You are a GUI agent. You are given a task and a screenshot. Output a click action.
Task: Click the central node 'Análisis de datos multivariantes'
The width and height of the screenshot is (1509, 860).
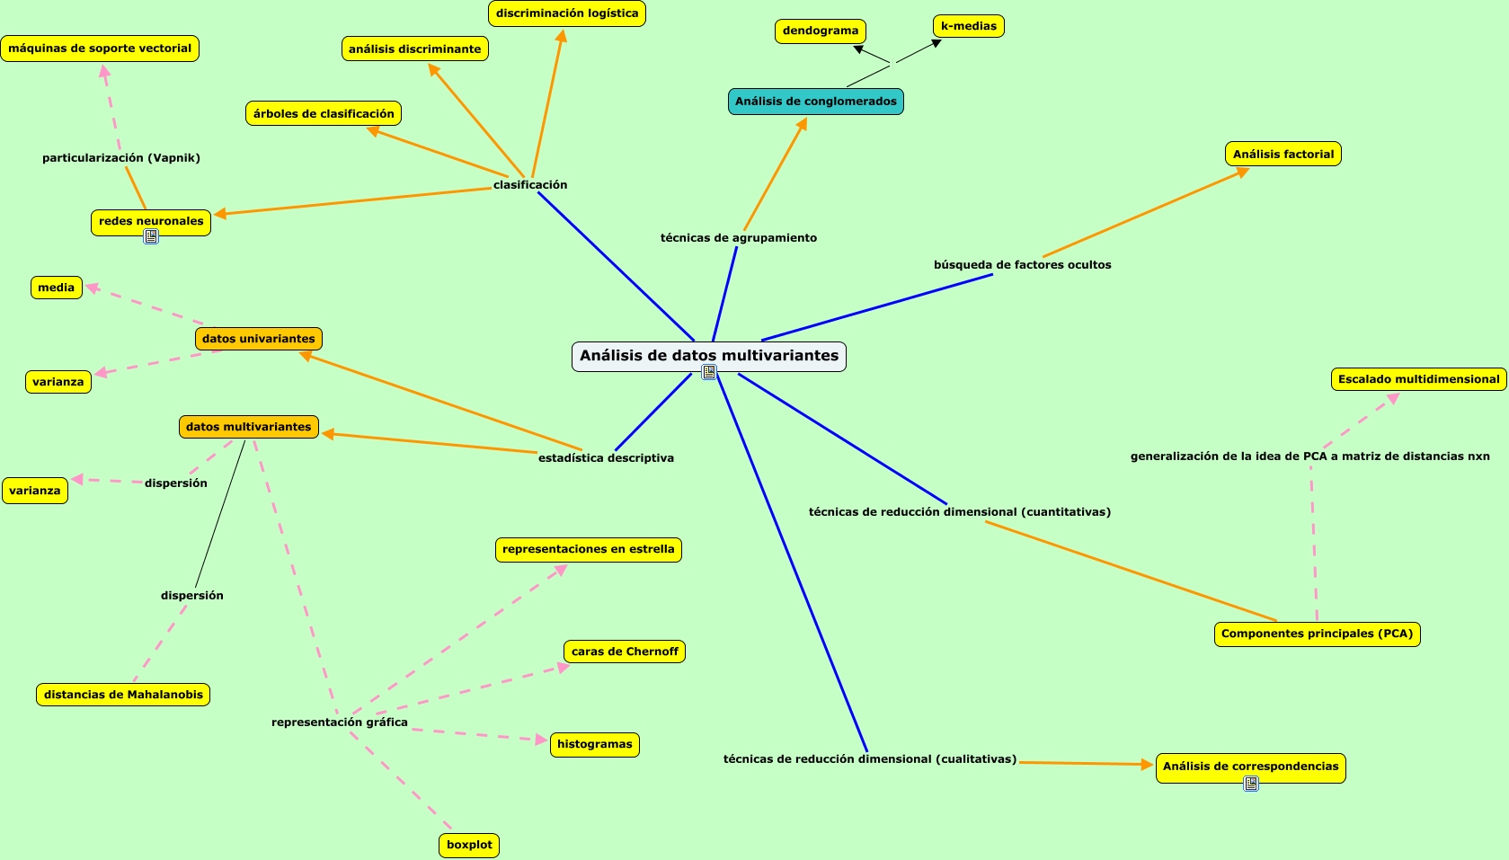pos(708,355)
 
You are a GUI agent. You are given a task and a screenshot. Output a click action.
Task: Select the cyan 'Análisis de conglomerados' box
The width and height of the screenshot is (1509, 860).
pos(815,102)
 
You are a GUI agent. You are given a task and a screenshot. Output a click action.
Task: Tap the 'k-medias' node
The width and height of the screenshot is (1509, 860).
pos(968,26)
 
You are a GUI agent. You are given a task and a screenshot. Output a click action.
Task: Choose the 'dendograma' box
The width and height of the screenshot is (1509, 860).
pos(820,31)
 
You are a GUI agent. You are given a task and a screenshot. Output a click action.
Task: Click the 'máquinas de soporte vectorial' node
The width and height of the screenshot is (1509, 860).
pos(100,49)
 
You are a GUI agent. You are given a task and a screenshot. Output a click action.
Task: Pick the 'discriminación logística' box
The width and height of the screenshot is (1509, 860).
pos(566,13)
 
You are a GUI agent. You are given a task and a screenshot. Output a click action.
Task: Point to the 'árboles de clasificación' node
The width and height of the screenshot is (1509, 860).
pos(324,113)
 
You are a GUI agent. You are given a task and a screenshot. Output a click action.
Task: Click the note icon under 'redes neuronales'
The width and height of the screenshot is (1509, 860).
pos(151,236)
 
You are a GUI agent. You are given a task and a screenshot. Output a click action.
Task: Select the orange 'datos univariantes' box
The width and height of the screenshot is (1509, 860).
pos(258,339)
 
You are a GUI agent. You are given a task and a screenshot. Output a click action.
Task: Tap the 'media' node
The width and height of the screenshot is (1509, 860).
pos(56,288)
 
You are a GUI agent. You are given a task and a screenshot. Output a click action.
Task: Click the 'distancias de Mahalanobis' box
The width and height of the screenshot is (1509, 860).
pos(123,695)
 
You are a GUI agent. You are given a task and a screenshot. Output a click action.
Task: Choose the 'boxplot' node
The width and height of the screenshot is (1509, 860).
pos(469,845)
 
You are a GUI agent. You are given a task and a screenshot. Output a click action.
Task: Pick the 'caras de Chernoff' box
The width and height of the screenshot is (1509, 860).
pos(625,652)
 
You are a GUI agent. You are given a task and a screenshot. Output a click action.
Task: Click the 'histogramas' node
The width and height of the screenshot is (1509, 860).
pos(594,744)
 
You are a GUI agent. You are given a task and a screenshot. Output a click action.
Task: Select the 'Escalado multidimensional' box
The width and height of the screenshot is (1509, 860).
pos(1418,379)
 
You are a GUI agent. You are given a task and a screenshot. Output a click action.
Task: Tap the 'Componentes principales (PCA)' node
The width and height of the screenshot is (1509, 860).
pos(1317,634)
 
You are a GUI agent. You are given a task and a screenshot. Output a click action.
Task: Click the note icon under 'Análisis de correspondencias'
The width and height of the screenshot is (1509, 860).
pos(1251,784)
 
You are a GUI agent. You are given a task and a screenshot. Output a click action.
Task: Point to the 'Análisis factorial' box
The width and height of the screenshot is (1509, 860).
pos(1283,155)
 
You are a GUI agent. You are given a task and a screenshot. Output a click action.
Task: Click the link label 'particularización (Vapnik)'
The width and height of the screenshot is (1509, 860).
pos(121,158)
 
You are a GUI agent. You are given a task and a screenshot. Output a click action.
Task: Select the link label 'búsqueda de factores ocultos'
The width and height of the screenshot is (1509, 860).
pos(1022,265)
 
